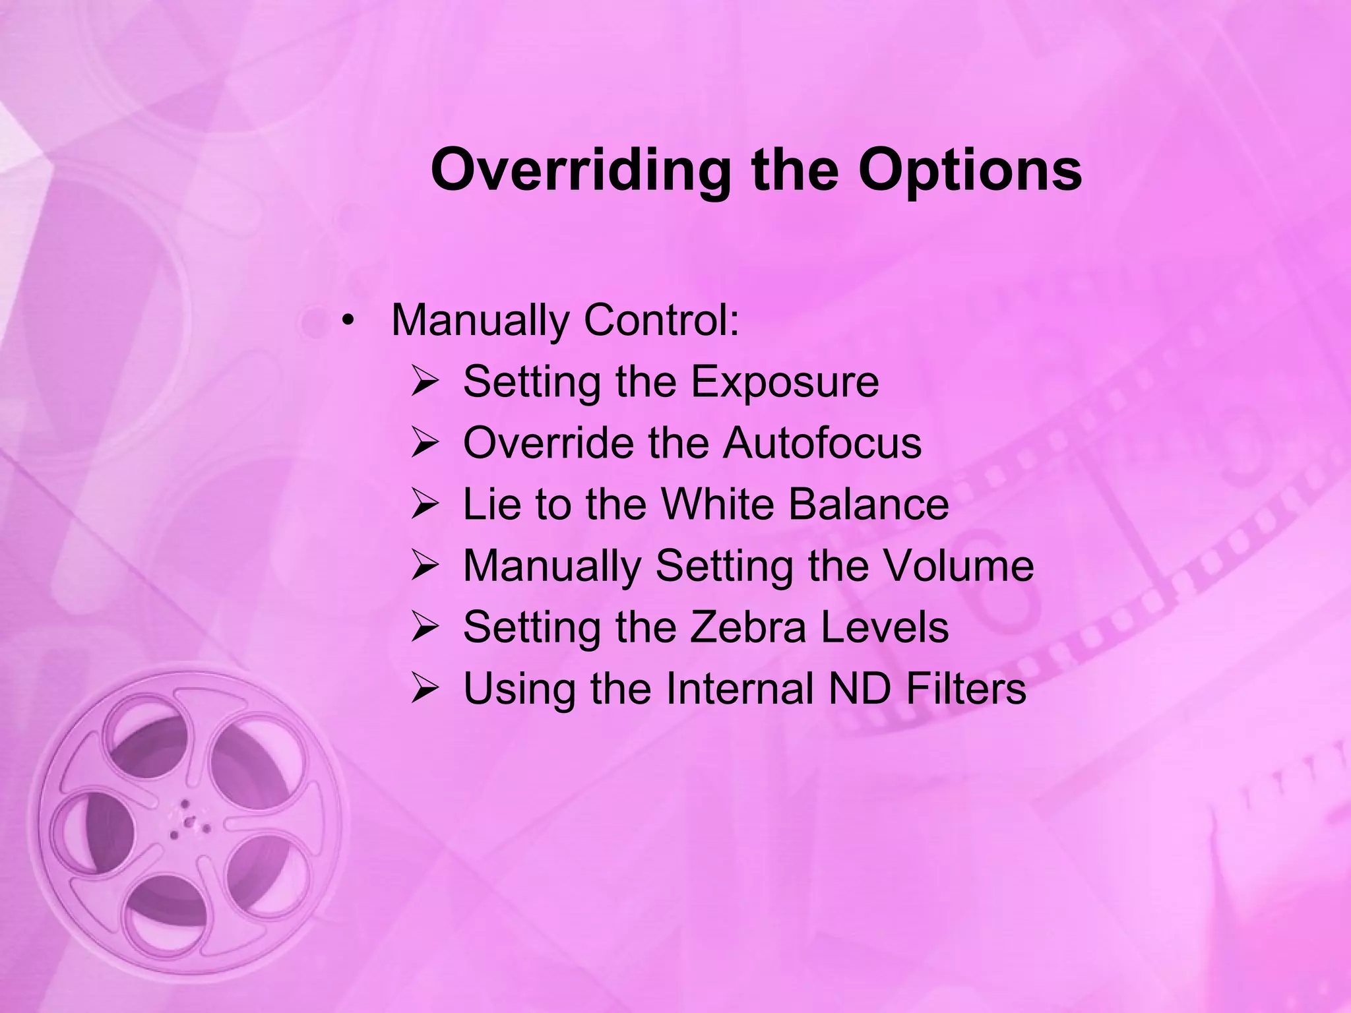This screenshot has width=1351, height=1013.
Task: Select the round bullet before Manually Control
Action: point(348,321)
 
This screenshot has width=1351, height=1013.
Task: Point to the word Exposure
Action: point(785,382)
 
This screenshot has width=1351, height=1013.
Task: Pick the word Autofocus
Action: point(822,443)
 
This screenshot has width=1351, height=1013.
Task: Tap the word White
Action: point(718,504)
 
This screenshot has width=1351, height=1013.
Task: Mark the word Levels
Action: point(884,627)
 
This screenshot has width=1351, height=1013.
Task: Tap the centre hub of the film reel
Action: point(189,821)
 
